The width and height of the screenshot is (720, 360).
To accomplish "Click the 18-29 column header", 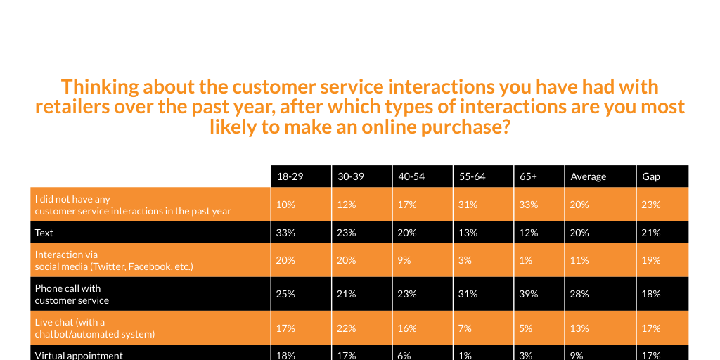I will pyautogui.click(x=290, y=176).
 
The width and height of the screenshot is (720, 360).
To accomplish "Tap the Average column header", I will pyautogui.click(x=589, y=176).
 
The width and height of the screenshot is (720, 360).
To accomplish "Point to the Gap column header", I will pyautogui.click(x=651, y=176).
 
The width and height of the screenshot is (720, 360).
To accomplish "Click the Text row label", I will pyautogui.click(x=44, y=232).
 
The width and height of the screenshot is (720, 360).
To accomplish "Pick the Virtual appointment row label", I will pyautogui.click(x=79, y=355).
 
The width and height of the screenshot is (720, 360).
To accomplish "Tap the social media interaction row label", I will pyautogui.click(x=113, y=260).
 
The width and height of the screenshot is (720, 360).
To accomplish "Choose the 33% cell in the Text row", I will pyautogui.click(x=285, y=232).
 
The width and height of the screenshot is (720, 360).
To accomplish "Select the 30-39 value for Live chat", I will pyautogui.click(x=347, y=328).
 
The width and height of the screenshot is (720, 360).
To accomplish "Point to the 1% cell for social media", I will pyautogui.click(x=527, y=260).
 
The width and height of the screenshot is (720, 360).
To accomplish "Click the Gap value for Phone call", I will pyautogui.click(x=651, y=294).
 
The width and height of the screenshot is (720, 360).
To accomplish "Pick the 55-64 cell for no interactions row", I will pyautogui.click(x=468, y=205).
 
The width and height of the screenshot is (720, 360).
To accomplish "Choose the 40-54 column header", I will pyautogui.click(x=411, y=176).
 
